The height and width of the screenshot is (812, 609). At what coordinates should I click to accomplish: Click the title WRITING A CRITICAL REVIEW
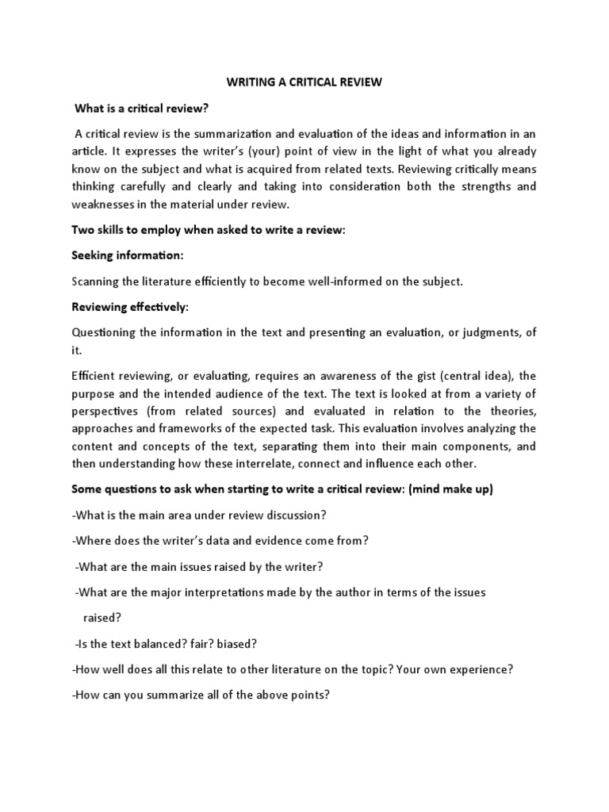pos(304,82)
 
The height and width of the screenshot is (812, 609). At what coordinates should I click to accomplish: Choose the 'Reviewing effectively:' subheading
pos(132,306)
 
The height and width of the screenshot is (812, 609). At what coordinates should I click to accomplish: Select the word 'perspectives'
pos(108,411)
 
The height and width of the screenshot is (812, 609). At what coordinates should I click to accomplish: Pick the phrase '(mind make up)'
pos(451,488)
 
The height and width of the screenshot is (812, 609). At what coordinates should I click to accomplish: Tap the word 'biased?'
pos(239,644)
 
